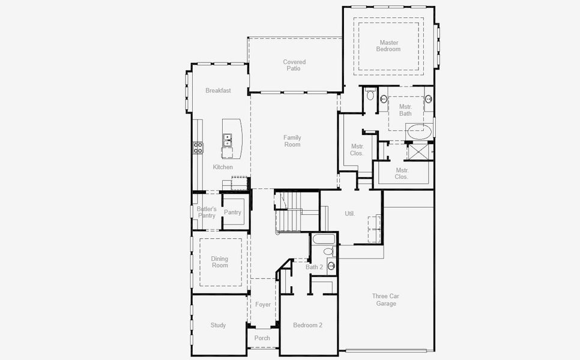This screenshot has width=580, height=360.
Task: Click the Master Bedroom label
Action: pyautogui.click(x=388, y=46)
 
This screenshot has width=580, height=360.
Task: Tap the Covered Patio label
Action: pyautogui.click(x=294, y=65)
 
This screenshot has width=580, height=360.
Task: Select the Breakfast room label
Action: pyautogui.click(x=218, y=91)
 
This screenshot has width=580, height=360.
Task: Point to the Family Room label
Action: pyautogui.click(x=292, y=141)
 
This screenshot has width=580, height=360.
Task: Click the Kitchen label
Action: pyautogui.click(x=223, y=167)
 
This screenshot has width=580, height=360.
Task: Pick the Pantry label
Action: pyautogui.click(x=232, y=212)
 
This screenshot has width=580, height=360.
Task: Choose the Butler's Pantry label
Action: pyautogui.click(x=206, y=212)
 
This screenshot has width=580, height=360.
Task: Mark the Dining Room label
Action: pyautogui.click(x=220, y=262)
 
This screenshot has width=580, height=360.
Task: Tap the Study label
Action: pyautogui.click(x=218, y=325)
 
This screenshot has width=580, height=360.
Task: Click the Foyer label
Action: pyautogui.click(x=263, y=305)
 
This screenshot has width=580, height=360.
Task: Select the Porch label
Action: pyautogui.click(x=262, y=338)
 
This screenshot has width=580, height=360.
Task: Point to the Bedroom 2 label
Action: pyautogui.click(x=307, y=325)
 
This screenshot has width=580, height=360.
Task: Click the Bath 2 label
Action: pyautogui.click(x=314, y=267)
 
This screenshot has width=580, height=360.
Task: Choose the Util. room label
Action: pyautogui.click(x=350, y=214)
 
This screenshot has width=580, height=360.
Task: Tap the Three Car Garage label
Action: pyautogui.click(x=386, y=300)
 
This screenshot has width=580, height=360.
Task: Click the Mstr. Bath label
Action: pyautogui.click(x=405, y=110)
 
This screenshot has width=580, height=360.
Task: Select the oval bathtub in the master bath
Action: pyautogui.click(x=419, y=130)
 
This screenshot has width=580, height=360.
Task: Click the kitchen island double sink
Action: pyautogui.click(x=227, y=140)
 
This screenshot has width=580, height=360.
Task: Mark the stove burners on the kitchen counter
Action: pyautogui.click(x=198, y=147)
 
